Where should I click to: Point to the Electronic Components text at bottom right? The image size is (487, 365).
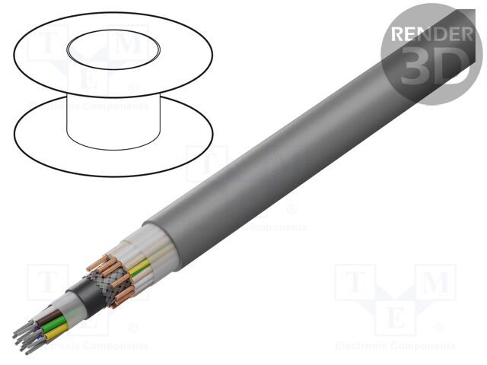click(x=395, y=346)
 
